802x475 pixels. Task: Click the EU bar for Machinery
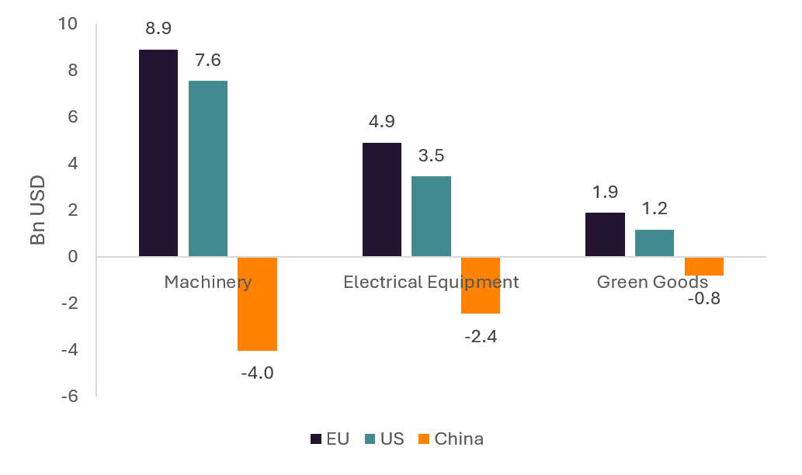[x=158, y=153]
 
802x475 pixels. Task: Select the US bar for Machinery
[x=208, y=168]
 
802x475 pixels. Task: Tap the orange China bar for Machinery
[x=258, y=303]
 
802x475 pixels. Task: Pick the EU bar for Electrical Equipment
[x=382, y=199]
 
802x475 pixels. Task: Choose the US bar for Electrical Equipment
[x=431, y=216]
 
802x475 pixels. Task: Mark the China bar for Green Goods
[x=704, y=266]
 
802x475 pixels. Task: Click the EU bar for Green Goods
[x=605, y=234]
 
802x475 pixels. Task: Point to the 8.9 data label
[x=158, y=29]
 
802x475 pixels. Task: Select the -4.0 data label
[x=258, y=373]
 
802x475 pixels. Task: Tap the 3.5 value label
[x=431, y=155]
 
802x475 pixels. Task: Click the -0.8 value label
[x=704, y=298]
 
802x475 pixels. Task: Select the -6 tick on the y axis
[x=69, y=397]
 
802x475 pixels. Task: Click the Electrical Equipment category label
[x=431, y=282]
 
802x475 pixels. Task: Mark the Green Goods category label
[x=652, y=282]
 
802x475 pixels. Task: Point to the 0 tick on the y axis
[x=73, y=257]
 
